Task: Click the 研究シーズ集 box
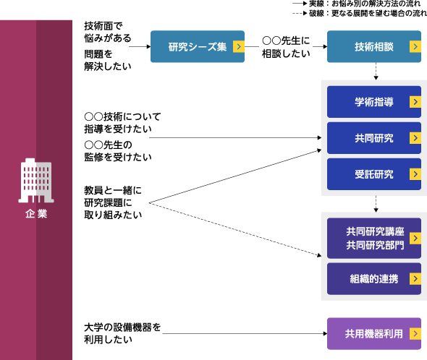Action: coord(198,46)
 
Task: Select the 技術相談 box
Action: coord(374,46)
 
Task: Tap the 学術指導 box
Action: coord(374,102)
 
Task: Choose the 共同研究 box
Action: coord(374,138)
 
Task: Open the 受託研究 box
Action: coord(374,174)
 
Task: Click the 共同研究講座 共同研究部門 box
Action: coord(374,238)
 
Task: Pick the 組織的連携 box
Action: coord(374,278)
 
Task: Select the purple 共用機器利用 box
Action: coord(374,333)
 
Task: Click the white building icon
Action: coord(36,181)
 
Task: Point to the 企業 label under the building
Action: coord(36,214)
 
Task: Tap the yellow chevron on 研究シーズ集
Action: coord(239,46)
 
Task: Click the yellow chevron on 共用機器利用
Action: coord(415,333)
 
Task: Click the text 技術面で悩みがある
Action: coord(108,32)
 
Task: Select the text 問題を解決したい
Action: coord(108,60)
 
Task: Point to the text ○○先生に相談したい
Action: coord(286,47)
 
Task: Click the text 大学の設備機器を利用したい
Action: coord(122,333)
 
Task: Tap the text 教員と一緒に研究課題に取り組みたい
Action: coord(113,202)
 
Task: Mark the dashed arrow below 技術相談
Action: coord(376,72)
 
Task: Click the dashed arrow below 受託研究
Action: coord(376,204)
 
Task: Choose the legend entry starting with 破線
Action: coord(360,13)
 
